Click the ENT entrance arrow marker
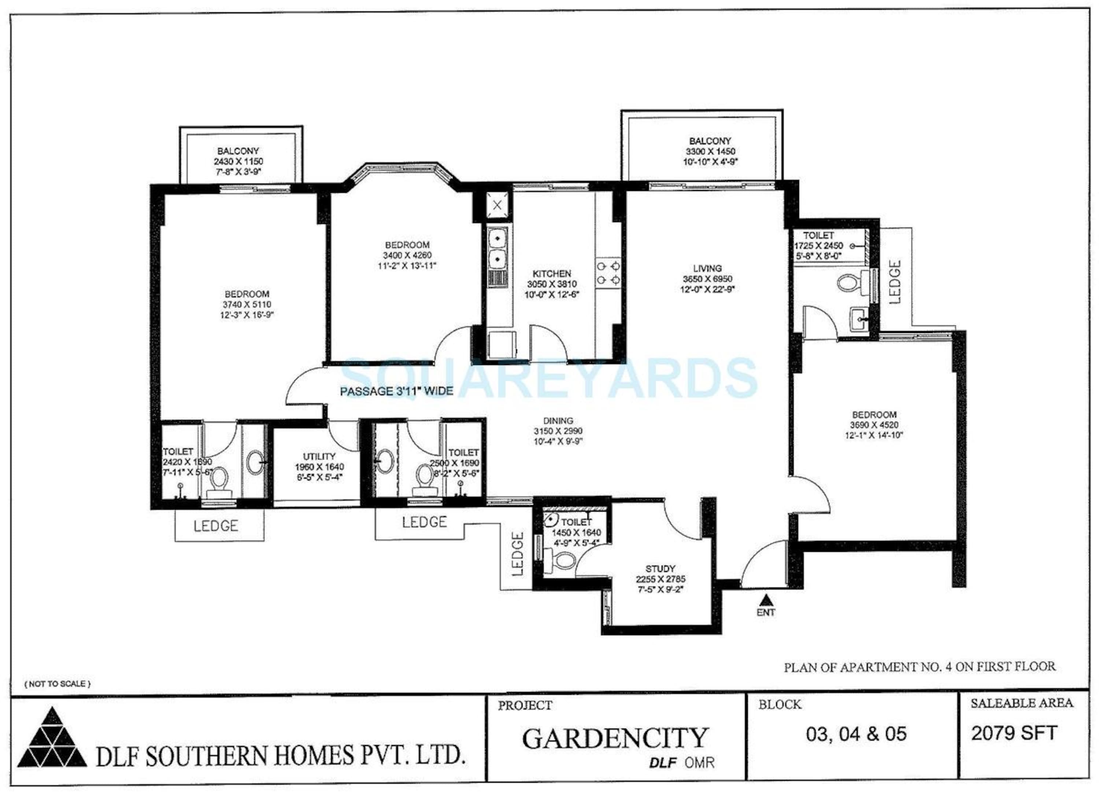point(766,600)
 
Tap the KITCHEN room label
point(552,273)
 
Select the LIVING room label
point(707,268)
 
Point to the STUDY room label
point(660,568)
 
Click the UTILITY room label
point(319,456)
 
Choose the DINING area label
point(558,421)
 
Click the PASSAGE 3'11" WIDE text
point(396,391)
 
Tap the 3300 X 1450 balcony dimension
point(710,152)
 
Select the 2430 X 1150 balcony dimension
point(238,161)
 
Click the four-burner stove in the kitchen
point(608,273)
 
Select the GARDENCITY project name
point(615,738)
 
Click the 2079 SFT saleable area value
point(1014,733)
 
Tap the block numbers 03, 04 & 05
point(856,734)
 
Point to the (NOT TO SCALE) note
point(57,684)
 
